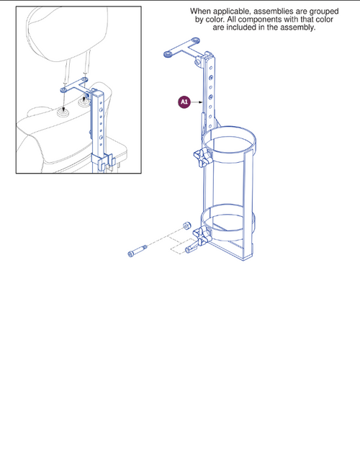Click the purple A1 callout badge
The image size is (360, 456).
[184, 102]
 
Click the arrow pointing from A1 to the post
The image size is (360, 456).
[197, 102]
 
